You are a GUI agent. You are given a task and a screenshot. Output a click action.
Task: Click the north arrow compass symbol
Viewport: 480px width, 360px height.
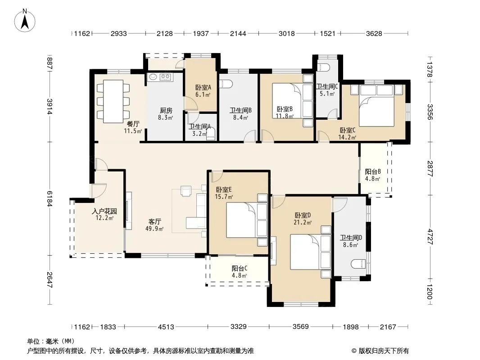coord(25,21)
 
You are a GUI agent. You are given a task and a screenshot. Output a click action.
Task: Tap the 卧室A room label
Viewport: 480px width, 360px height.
coord(203,87)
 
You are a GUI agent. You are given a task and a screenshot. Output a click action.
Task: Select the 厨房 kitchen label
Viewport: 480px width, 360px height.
coord(166,110)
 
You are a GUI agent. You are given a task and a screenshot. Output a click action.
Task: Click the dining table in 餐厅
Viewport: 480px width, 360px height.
coord(113,101)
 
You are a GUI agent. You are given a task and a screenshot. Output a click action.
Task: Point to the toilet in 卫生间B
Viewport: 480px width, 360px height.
coord(226,84)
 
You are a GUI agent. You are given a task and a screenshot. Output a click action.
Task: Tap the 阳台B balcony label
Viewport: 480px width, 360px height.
coord(373,171)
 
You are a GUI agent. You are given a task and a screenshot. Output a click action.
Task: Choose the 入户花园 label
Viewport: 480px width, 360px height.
coord(104,211)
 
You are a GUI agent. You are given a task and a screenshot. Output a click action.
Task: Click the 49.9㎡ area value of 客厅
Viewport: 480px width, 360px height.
coord(154,229)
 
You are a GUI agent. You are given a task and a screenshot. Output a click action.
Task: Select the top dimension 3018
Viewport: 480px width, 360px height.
coord(286,33)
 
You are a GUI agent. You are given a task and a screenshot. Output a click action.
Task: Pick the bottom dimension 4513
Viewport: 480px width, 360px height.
coord(166,327)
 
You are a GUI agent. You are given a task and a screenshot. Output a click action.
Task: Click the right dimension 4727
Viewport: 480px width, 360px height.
coord(430,236)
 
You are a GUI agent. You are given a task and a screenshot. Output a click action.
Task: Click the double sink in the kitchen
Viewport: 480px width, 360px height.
coord(160,77)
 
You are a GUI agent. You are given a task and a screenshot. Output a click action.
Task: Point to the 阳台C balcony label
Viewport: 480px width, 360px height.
coord(240,268)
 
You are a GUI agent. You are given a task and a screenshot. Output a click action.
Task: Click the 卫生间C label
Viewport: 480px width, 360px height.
coord(327,86)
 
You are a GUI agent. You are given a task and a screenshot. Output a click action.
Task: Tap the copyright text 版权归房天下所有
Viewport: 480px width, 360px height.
coord(383,351)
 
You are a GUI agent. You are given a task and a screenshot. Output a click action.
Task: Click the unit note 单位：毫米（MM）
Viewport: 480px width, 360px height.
coord(51,341)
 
